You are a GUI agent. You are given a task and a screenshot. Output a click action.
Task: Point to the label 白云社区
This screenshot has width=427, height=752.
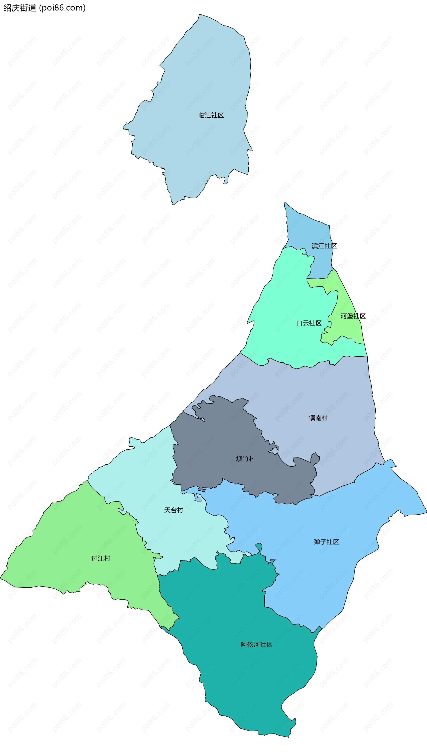309,323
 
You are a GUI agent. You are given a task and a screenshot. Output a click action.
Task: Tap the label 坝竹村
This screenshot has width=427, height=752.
246,459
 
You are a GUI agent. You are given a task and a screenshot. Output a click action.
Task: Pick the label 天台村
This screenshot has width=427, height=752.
174,510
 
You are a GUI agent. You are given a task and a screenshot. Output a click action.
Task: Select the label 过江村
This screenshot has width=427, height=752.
101,558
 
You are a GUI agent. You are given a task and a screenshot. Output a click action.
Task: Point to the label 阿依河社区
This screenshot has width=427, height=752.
257,645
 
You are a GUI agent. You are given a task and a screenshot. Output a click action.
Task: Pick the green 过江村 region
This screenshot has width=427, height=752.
73,542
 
